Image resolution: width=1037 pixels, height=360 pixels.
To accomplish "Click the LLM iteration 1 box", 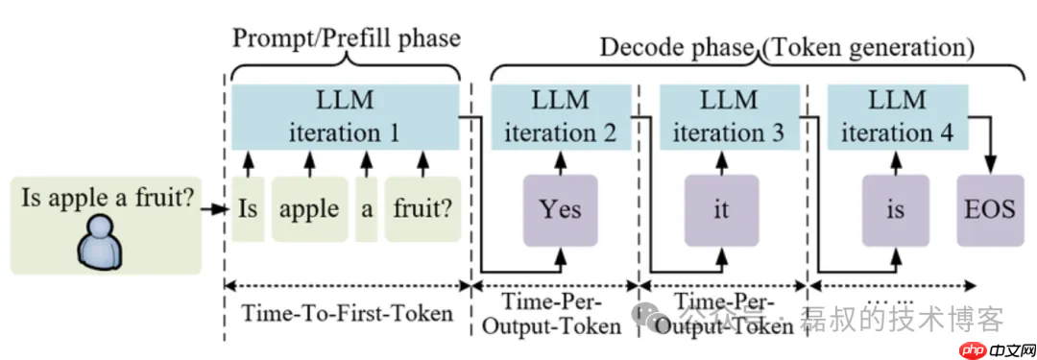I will (345, 116).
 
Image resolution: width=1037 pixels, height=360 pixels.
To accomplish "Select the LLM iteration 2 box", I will (561, 116).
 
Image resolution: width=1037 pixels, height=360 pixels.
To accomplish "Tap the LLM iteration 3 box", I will (730, 116).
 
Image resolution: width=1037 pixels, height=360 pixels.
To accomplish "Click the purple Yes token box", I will (561, 208).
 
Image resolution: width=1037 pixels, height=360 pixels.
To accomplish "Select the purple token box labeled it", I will (722, 208).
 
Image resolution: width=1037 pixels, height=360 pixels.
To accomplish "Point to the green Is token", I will (247, 208).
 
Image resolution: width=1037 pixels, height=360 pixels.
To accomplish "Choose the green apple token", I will (309, 208).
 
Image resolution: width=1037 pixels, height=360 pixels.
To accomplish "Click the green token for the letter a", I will (365, 208).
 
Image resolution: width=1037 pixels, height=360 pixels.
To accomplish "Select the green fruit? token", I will (421, 208).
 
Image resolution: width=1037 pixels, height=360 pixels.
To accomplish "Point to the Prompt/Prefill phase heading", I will (347, 38).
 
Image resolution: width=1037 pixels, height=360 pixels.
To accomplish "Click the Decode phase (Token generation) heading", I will (787, 45).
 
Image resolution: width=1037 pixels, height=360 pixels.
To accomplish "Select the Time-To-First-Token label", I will (347, 314).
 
